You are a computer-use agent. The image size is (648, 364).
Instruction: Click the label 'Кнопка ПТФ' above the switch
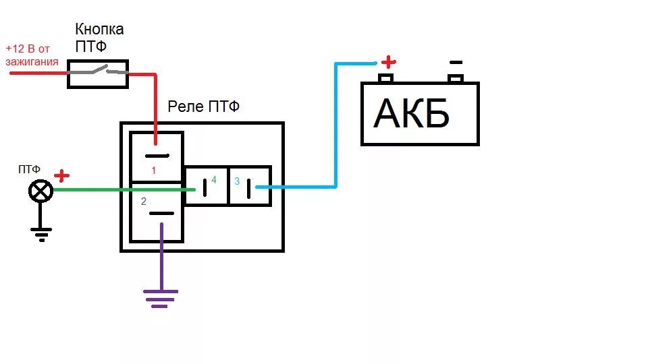pos(99,38)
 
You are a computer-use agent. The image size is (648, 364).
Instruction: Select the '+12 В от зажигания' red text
pos(31,55)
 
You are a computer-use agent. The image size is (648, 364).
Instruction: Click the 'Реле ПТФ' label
pos(204,107)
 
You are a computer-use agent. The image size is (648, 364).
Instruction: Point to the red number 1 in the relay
pos(153,171)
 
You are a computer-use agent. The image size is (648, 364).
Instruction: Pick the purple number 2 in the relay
pos(144,201)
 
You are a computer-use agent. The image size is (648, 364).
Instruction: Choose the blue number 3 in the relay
pos(237,181)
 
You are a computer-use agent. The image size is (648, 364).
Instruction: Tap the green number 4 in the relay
pos(213,180)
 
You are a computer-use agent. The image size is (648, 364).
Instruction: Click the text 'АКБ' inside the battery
pos(411,114)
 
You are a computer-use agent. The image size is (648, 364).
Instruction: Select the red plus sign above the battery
pos(388,62)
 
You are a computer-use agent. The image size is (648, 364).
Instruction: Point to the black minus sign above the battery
pos(456,62)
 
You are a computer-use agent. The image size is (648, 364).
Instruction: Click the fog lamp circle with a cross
pos(40,191)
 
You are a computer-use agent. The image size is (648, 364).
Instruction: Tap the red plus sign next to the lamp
pos(61,177)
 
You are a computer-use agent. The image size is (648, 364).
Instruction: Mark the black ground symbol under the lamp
pos(40,233)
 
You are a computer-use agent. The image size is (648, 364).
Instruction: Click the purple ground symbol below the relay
pos(161,297)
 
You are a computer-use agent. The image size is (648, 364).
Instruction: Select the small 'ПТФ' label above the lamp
pos(29,169)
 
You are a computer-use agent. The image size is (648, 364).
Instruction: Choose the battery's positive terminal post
pos(385,78)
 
